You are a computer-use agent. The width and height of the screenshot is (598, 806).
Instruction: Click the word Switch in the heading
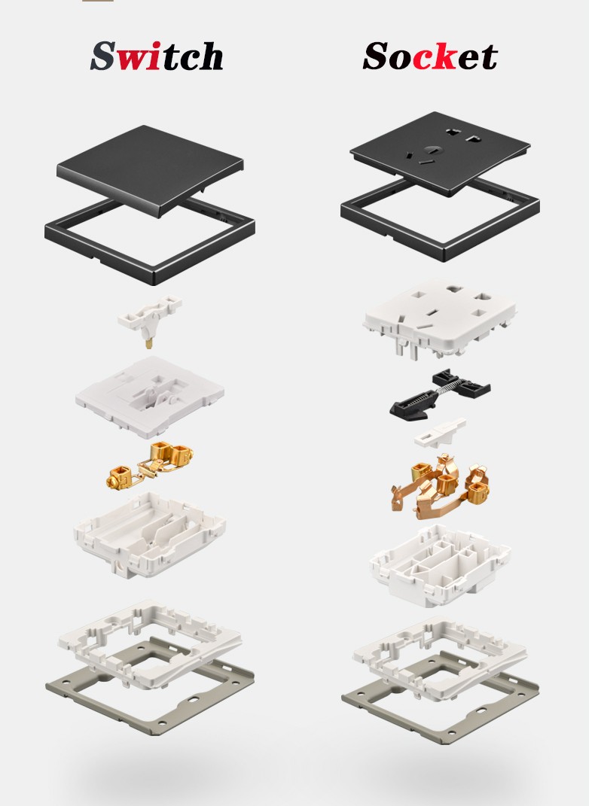pyautogui.click(x=157, y=56)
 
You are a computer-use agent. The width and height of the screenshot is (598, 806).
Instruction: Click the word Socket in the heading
pyautogui.click(x=430, y=56)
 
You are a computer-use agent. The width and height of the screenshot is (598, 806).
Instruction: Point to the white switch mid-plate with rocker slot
pyautogui.click(x=150, y=397)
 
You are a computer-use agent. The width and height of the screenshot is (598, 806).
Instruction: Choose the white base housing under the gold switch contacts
pyautogui.click(x=150, y=534)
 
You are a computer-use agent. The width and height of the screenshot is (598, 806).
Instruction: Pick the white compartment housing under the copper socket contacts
pyautogui.click(x=440, y=565)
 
